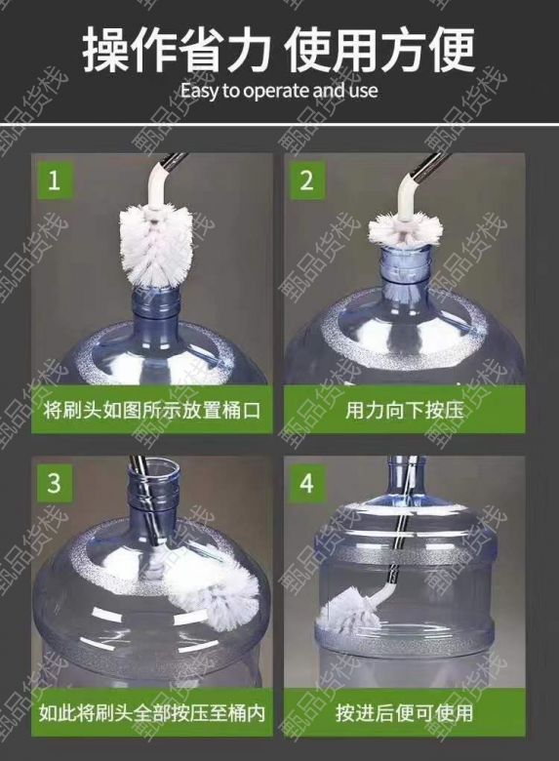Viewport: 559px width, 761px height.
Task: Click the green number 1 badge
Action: click(x=54, y=180)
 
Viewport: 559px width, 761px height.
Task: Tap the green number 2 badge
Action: click(x=306, y=180)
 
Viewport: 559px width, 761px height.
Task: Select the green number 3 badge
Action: click(x=54, y=483)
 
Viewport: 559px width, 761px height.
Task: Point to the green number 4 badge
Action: click(x=306, y=483)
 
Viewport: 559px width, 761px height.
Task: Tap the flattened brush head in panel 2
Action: click(x=405, y=228)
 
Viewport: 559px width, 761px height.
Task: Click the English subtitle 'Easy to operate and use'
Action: click(x=279, y=91)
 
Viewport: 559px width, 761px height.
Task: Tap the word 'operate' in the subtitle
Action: click(x=277, y=92)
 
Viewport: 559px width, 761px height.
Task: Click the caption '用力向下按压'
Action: click(x=405, y=411)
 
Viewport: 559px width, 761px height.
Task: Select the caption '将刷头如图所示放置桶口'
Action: click(x=152, y=411)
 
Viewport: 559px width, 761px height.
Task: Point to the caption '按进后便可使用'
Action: click(x=405, y=713)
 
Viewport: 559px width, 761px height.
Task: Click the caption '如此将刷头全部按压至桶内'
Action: click(x=152, y=713)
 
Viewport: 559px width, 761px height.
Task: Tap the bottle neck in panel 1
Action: click(x=156, y=310)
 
